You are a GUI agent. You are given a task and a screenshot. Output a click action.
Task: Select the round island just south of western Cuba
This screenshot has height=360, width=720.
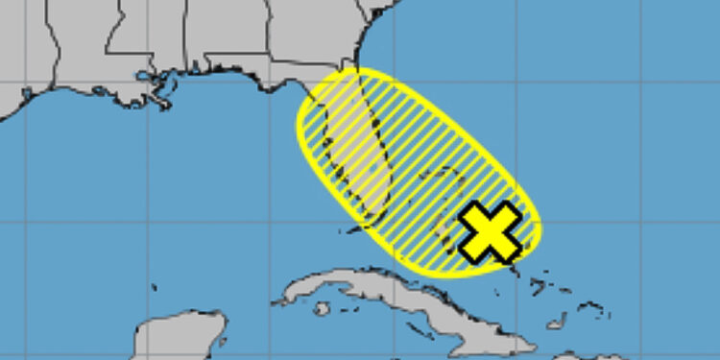323,308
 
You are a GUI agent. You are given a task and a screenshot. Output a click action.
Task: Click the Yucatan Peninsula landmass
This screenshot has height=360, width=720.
173,341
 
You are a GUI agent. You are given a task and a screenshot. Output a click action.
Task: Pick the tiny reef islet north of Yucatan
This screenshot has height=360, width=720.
154,286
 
